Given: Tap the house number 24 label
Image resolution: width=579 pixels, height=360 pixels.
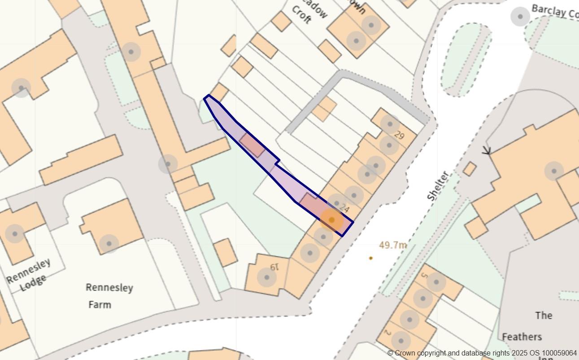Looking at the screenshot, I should point(344,208).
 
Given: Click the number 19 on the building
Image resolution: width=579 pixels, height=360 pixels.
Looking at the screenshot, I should point(274,267).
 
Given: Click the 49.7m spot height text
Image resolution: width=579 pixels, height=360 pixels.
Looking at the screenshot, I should point(393,245).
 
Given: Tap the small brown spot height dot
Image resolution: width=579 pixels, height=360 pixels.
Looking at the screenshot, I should point(370,258).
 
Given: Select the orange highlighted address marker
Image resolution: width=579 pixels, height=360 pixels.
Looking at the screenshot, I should point(331,220).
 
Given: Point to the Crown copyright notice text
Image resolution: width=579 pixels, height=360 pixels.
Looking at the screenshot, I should point(482,353).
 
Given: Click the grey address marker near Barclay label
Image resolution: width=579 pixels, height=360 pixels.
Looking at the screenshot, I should point(520,17).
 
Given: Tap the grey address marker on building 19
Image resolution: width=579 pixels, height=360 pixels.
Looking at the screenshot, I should point(266,277).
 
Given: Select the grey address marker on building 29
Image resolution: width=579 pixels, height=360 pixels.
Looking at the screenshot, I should point(390,124).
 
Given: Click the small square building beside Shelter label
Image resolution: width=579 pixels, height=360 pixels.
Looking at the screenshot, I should point(470,169).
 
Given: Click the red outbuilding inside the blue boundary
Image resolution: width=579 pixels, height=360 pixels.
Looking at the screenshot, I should point(252,145).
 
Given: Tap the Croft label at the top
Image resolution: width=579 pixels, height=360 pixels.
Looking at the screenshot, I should point(301,15).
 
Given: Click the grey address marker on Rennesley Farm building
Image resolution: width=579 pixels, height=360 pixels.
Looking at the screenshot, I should point(109,244).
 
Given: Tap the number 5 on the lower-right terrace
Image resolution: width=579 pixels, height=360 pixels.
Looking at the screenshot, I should point(424,275).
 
